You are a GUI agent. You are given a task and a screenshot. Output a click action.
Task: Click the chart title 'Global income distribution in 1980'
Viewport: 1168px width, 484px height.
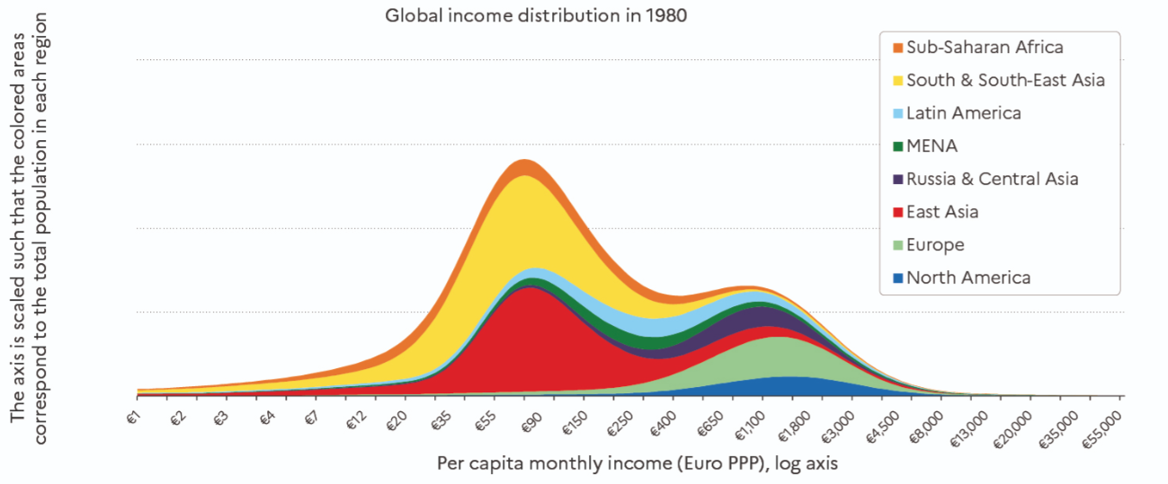coord(536,16)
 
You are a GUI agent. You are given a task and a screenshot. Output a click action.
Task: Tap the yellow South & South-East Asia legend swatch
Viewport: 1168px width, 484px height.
coord(896,81)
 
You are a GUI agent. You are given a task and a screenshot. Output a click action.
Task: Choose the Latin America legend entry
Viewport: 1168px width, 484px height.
coord(963,113)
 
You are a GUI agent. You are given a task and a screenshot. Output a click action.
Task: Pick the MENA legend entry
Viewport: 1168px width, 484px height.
coord(932,145)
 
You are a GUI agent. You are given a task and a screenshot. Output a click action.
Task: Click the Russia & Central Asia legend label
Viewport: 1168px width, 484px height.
coord(992,179)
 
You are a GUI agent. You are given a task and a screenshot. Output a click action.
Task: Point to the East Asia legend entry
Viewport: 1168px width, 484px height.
coord(941,212)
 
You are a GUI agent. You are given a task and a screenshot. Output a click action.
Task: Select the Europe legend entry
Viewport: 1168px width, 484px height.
coord(935,244)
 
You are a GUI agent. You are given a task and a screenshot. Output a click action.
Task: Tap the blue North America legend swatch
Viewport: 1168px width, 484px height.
coord(896,277)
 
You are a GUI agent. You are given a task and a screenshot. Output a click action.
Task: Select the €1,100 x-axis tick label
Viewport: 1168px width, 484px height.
coord(746,423)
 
